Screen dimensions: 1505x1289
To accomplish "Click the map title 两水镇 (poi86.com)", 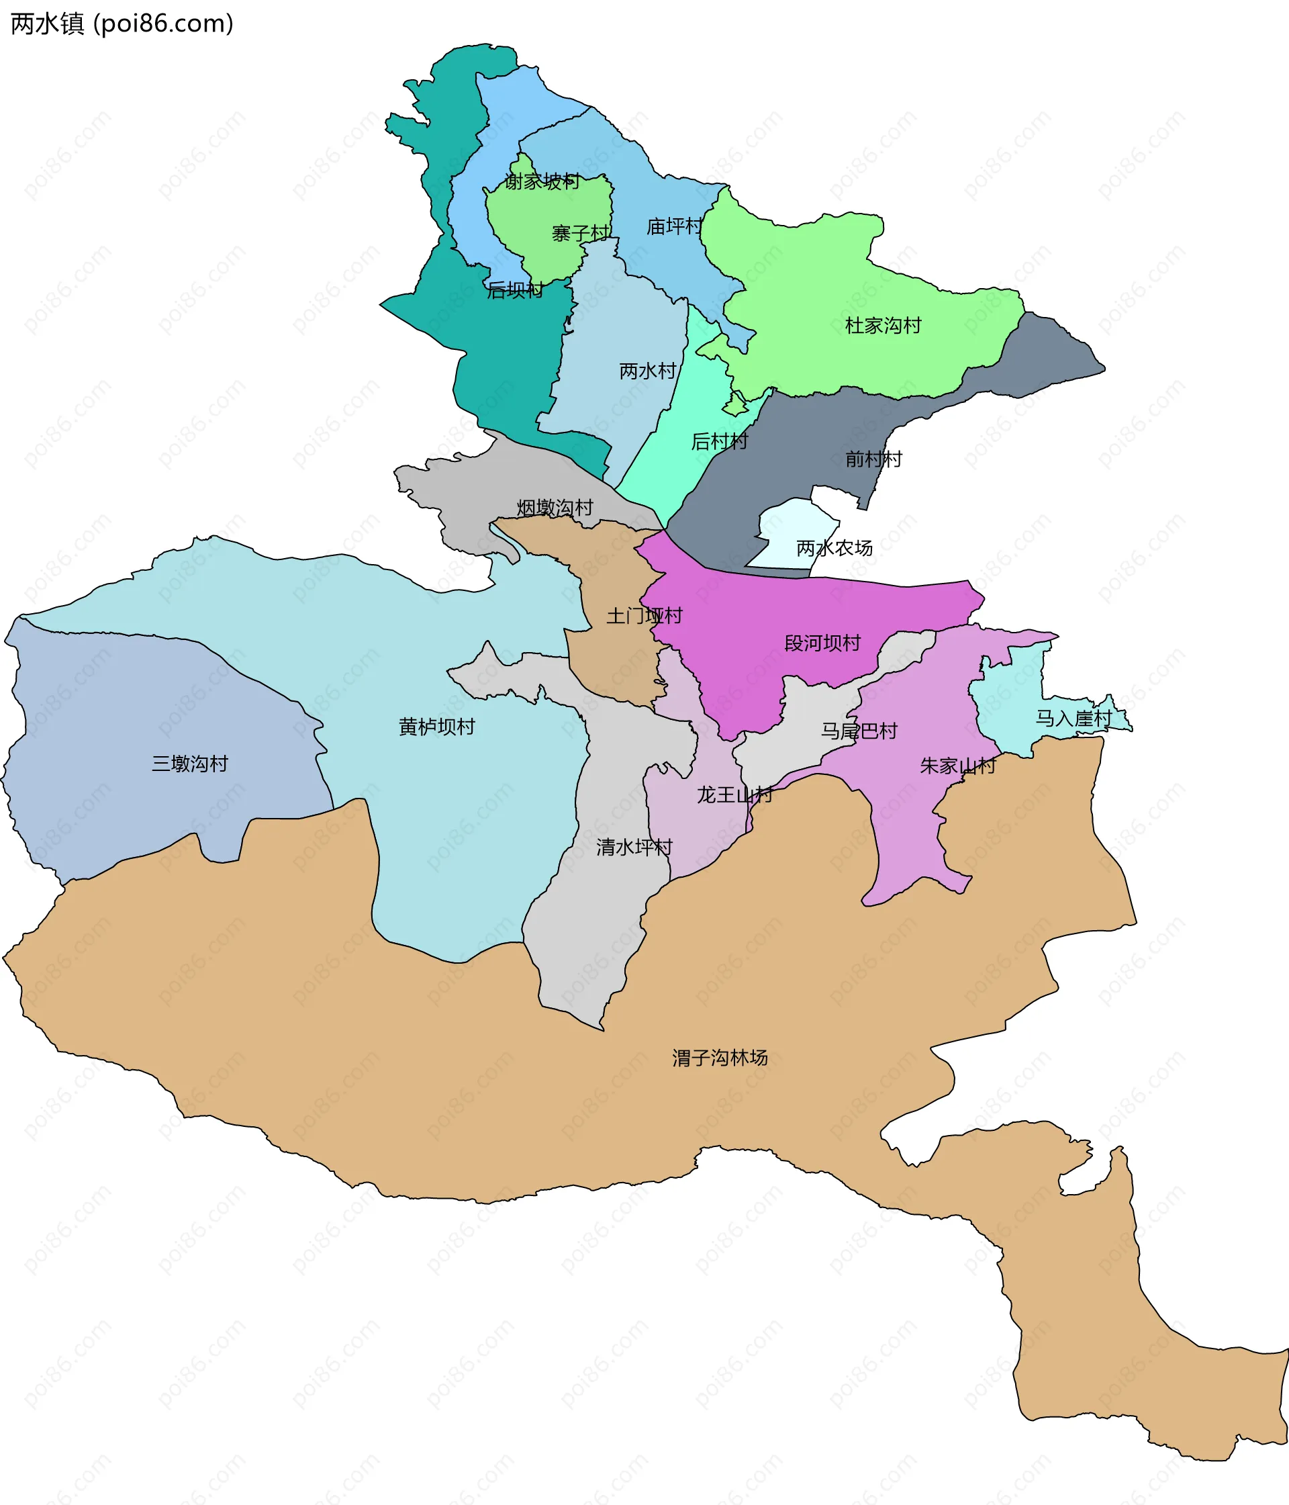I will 122,24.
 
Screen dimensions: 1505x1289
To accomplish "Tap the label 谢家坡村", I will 542,181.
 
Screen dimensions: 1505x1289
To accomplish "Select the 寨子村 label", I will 581,233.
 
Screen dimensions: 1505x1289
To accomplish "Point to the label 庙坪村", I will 675,226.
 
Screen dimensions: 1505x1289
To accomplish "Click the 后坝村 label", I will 515,291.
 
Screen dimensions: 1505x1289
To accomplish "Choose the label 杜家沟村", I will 883,326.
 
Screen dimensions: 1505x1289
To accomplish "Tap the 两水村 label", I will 648,371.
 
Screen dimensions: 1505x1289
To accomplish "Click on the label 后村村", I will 719,441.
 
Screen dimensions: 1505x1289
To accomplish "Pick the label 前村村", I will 873,459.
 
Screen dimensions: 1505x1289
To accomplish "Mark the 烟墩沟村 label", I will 555,508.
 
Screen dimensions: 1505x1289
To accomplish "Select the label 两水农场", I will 834,547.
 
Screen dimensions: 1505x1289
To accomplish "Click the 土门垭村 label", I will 644,616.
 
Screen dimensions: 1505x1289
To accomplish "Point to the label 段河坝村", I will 822,643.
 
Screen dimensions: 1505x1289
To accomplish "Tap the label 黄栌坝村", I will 436,727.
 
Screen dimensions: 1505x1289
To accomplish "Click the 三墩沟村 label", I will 189,764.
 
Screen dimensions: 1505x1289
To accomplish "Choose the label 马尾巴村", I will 859,731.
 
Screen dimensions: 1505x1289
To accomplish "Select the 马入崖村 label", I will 1073,719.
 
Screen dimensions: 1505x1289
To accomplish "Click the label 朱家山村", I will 958,766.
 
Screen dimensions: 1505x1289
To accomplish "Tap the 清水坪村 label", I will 634,847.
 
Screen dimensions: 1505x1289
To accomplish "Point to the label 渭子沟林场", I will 720,1058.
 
